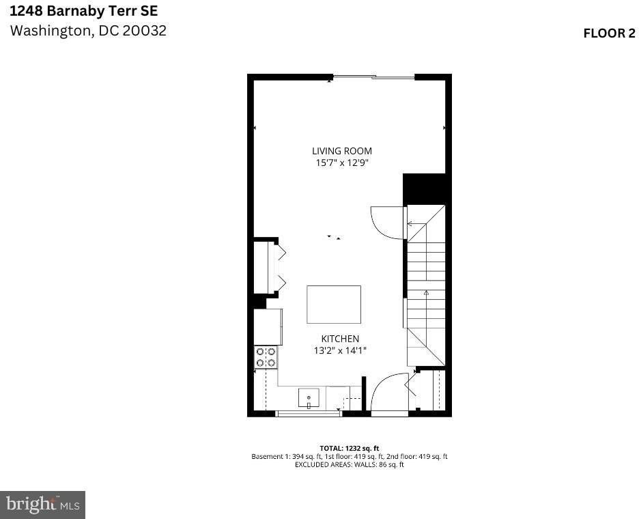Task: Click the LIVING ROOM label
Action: [342, 151]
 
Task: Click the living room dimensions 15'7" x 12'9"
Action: [342, 163]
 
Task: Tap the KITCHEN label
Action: [340, 339]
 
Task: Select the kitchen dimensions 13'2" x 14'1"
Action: [340, 350]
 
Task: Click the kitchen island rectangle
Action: [334, 305]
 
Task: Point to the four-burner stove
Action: [266, 358]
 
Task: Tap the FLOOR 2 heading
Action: [609, 33]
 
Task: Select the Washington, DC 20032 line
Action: [87, 31]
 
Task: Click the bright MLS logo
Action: [42, 505]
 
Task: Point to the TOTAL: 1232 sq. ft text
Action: [349, 448]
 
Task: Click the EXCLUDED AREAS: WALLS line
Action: [349, 464]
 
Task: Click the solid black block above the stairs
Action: [425, 188]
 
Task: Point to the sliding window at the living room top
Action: [373, 77]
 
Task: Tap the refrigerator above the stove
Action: [268, 327]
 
